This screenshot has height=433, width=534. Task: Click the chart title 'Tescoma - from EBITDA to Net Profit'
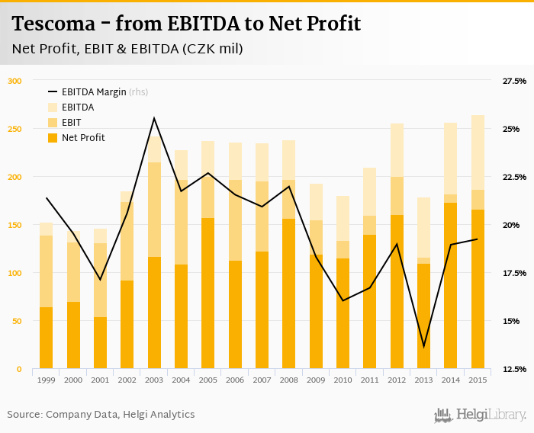(186, 24)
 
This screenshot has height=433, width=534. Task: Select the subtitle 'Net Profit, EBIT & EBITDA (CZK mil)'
(127, 49)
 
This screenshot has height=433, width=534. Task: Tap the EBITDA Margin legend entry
(97, 92)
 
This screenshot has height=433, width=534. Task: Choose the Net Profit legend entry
(83, 138)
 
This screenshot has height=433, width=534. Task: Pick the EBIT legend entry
(72, 123)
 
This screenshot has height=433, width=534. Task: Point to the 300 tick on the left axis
(15, 81)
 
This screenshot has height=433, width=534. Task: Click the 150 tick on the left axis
(15, 225)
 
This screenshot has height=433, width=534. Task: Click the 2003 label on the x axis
(155, 380)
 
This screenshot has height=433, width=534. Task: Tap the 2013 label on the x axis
(424, 380)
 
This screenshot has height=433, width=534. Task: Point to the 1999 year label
(46, 380)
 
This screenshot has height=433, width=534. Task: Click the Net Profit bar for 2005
(208, 293)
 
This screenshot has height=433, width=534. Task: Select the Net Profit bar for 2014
(451, 286)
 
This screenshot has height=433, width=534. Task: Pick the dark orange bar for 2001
(100, 343)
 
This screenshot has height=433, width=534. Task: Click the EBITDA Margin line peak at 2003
(154, 118)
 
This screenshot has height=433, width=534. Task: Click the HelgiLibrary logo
(481, 415)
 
